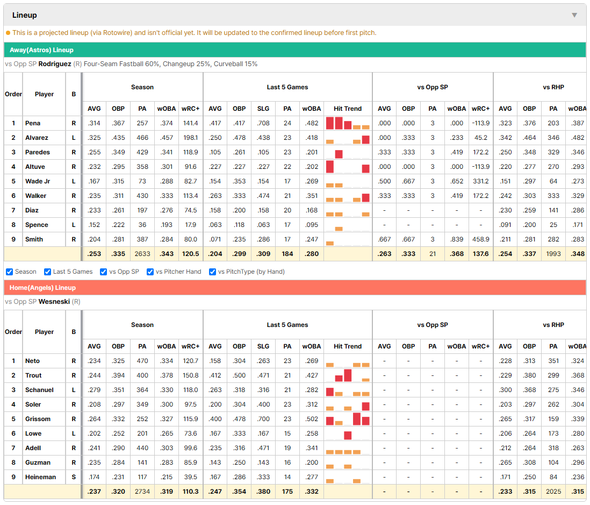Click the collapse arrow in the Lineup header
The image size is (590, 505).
click(574, 15)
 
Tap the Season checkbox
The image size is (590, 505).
click(10, 272)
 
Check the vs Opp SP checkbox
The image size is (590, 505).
click(104, 272)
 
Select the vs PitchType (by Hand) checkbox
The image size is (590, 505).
click(213, 272)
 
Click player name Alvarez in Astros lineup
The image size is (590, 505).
click(37, 138)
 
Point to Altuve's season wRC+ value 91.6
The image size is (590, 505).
click(190, 167)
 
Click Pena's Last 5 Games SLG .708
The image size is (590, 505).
click(263, 123)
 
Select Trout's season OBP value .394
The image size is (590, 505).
click(118, 375)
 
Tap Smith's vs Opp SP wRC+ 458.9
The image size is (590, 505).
click(481, 239)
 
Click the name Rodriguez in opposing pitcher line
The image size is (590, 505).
click(55, 64)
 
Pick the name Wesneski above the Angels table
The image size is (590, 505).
click(54, 302)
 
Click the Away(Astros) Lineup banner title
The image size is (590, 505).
click(41, 50)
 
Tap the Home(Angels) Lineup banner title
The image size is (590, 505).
click(42, 288)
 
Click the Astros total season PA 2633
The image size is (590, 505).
click(142, 254)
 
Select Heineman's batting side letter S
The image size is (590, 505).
click(74, 477)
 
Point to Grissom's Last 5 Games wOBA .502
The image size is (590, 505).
click(312, 419)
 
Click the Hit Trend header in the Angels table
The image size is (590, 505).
click(348, 346)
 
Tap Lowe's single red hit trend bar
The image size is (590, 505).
click(348, 435)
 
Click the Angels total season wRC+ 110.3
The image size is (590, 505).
click(190, 492)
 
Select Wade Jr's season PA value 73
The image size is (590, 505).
click(142, 182)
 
